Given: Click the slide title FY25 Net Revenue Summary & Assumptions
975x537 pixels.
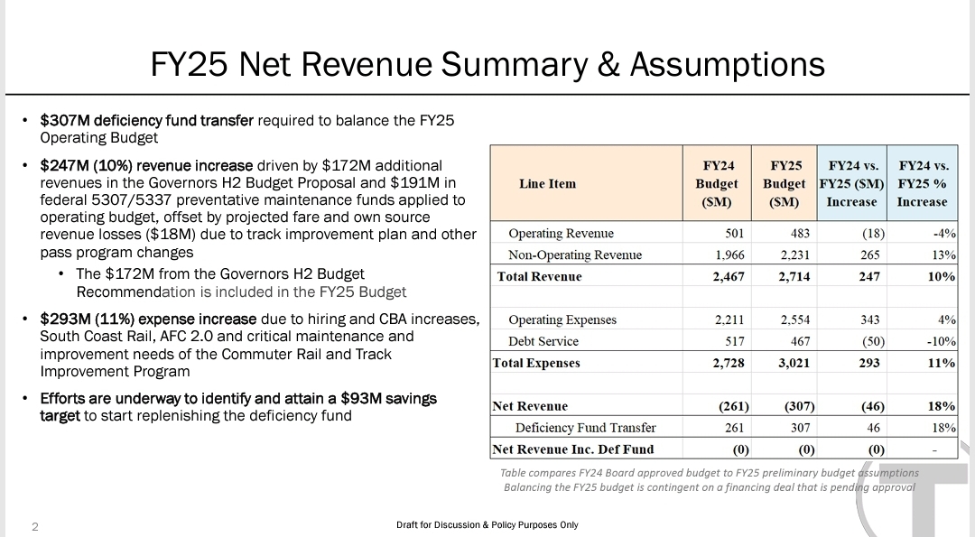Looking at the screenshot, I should [x=487, y=64].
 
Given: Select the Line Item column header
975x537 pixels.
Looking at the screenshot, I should [x=547, y=183].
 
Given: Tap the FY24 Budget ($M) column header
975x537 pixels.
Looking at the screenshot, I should [x=719, y=183].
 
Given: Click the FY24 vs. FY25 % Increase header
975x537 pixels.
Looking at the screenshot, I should [x=922, y=183].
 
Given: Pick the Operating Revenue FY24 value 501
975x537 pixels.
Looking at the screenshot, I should [x=734, y=234].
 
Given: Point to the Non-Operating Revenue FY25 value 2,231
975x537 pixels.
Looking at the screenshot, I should [x=794, y=255].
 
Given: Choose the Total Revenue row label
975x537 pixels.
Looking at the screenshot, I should [x=539, y=276].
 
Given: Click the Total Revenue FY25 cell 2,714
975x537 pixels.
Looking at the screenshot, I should [x=792, y=276].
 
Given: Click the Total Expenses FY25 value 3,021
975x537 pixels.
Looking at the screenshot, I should [x=792, y=363].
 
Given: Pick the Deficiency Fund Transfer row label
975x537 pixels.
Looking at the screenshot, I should [x=585, y=428].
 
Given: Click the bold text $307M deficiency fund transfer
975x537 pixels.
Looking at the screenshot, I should [x=147, y=120].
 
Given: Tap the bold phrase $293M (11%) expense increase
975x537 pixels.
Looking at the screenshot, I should [x=149, y=319].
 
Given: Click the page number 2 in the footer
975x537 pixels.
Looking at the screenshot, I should [x=34, y=526].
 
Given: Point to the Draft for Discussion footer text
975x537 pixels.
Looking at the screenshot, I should [x=487, y=525].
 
